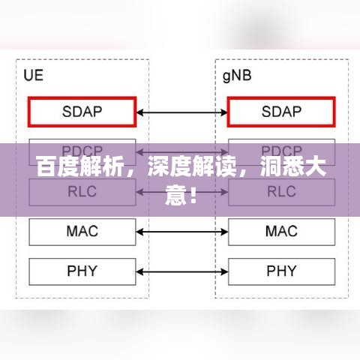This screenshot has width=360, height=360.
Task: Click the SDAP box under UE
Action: click(82, 112)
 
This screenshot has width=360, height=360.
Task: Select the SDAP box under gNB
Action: click(281, 112)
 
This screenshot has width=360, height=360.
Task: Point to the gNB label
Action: click(238, 75)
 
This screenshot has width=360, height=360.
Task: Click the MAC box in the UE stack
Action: click(82, 231)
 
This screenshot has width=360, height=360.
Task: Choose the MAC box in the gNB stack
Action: click(281, 231)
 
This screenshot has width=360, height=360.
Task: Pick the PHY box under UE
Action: click(82, 270)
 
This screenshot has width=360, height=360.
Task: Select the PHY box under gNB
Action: click(281, 270)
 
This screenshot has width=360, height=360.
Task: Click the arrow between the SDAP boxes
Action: click(182, 112)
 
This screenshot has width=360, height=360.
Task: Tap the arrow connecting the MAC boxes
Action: click(182, 231)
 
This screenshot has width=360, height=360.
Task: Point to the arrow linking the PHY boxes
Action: click(182, 270)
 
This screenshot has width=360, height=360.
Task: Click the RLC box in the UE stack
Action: click(82, 192)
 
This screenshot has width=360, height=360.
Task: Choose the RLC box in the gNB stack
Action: click(281, 192)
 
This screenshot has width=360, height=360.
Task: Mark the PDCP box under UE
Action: click(82, 150)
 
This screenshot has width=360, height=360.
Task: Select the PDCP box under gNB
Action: click(281, 150)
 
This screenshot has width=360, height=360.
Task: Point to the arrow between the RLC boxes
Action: click(182, 192)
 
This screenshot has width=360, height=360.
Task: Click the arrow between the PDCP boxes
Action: click(182, 151)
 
